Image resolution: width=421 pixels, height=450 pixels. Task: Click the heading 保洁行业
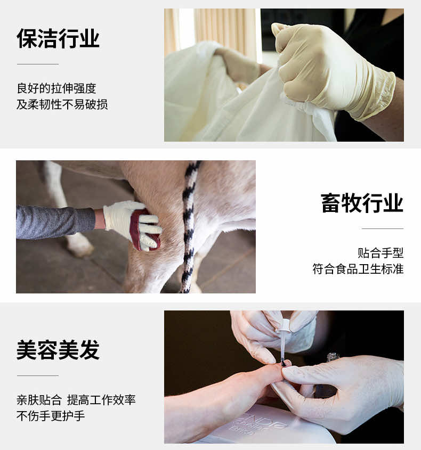[x=58, y=38]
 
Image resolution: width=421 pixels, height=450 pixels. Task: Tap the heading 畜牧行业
[x=362, y=203]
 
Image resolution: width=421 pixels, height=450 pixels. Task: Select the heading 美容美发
[x=58, y=349]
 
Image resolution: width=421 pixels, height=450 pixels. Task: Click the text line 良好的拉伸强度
[x=56, y=88]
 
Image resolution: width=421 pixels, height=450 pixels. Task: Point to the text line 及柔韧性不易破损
[x=62, y=104]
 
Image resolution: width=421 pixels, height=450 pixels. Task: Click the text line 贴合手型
[x=380, y=253]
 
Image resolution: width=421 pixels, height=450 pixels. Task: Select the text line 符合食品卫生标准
[x=358, y=269]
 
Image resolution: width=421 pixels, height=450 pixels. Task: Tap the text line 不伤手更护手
[x=51, y=416]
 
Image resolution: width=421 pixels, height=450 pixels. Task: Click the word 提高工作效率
[x=101, y=400]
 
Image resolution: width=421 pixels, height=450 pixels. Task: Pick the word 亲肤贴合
[x=39, y=400]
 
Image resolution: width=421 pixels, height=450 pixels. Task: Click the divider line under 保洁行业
[x=38, y=64]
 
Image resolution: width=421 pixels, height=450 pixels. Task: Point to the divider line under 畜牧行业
[x=383, y=229]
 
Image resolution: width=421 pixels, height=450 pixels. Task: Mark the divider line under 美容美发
[x=38, y=375]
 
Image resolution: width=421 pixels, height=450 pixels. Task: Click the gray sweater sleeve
[x=54, y=222]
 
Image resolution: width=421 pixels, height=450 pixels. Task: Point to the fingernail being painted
[x=285, y=364]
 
